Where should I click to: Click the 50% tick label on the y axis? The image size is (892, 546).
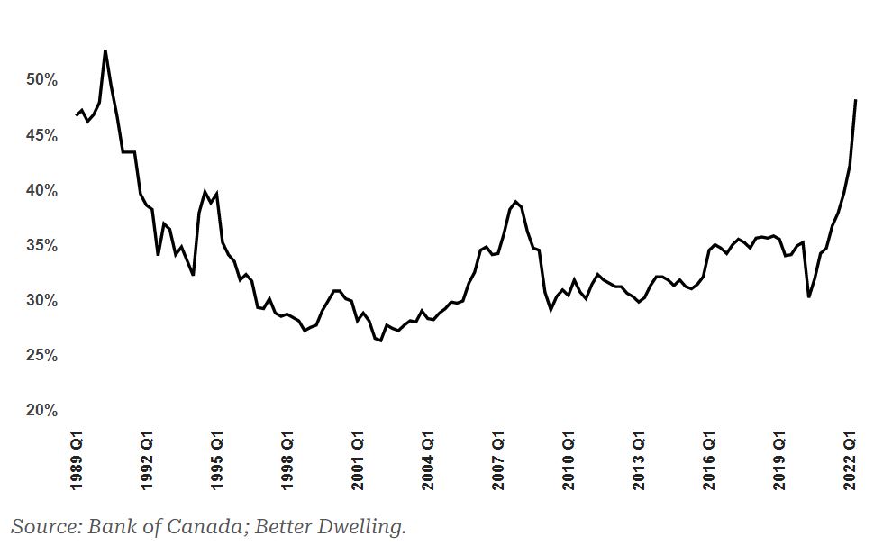tap(41, 79)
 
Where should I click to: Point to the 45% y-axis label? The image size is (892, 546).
tap(41, 135)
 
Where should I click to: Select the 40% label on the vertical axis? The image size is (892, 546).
tap(41, 190)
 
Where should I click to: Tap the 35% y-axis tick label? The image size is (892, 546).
tap(41, 246)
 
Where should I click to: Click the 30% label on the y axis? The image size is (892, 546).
tap(41, 300)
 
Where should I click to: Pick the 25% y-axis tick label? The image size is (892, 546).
tap(41, 356)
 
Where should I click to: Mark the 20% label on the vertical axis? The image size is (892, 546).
tap(41, 410)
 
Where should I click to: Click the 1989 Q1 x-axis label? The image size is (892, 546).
tap(77, 460)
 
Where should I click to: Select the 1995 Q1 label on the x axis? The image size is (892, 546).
tap(217, 460)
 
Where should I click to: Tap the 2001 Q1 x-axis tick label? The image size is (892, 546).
tap(358, 460)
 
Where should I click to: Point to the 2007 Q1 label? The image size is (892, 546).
tap(497, 460)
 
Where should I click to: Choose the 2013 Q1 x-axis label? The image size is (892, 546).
tap(638, 460)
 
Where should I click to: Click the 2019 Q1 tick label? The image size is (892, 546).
tap(778, 460)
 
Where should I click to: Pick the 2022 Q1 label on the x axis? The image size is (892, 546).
tap(850, 460)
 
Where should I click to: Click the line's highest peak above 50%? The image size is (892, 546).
tap(105, 50)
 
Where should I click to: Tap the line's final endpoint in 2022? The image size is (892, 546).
tap(856, 100)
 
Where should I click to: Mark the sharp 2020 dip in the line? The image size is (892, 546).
tap(808, 296)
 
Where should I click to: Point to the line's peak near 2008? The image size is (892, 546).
tap(515, 201)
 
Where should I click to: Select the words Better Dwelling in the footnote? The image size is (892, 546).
tap(329, 527)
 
